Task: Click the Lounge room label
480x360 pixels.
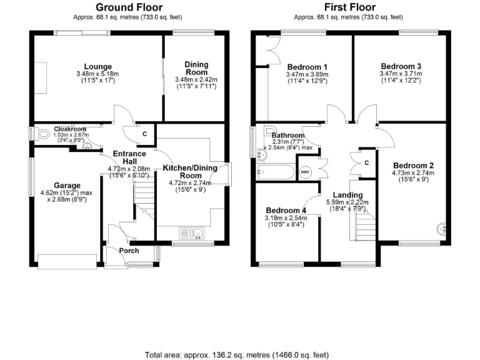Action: pyautogui.click(x=98, y=67)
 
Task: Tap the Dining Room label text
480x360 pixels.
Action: pyautogui.click(x=196, y=67)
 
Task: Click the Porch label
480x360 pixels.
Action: pyautogui.click(x=129, y=251)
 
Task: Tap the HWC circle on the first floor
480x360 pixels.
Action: pyautogui.click(x=306, y=172)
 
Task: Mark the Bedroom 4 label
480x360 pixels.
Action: pyautogui.click(x=285, y=210)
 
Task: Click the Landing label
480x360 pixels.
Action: pyautogui.click(x=343, y=195)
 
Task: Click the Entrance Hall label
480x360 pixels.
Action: pyautogui.click(x=129, y=157)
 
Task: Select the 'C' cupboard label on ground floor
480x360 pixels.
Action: pyautogui.click(x=144, y=133)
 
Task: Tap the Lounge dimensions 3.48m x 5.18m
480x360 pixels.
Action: pyautogui.click(x=98, y=75)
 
